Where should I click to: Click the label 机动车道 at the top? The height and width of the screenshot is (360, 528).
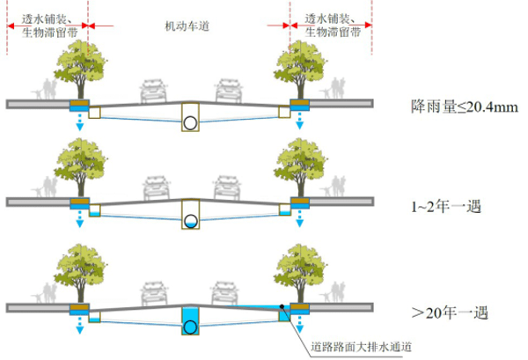188,27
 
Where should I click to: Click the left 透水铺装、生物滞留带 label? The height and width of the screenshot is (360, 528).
48,24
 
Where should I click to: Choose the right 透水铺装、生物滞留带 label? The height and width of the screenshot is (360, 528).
332,24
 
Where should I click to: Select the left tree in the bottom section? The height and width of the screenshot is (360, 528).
81,267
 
